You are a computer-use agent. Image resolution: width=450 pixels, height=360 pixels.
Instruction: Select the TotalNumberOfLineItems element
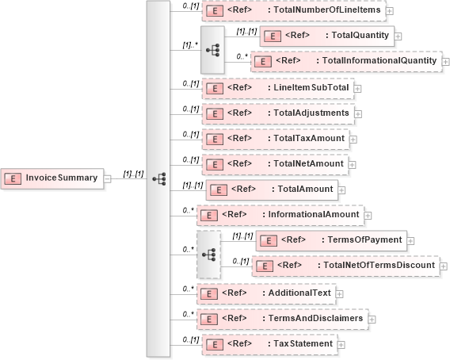(293, 10)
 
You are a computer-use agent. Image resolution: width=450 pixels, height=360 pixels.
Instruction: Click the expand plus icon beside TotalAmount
(343, 190)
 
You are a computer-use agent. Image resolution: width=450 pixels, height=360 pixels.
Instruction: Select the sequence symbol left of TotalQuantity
(212, 48)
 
